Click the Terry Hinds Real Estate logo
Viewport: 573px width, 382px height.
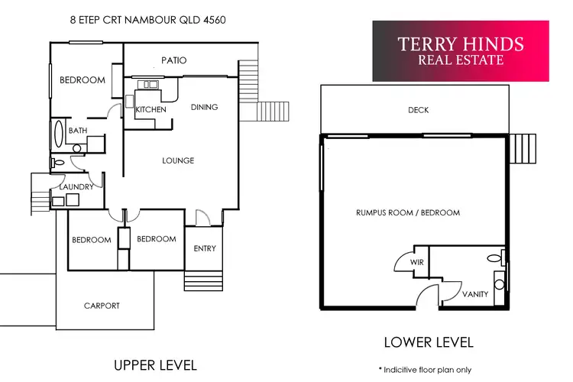[461, 50]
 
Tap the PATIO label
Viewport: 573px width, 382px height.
[173, 60]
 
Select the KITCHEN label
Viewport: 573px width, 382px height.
[151, 110]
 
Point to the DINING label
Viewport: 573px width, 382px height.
[204, 108]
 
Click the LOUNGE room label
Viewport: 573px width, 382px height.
[178, 160]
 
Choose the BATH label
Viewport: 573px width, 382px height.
[78, 131]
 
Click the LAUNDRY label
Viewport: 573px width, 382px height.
[76, 187]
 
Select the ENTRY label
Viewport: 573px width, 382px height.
[205, 248]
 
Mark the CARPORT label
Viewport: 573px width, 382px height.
[102, 306]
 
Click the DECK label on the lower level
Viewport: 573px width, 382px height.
[418, 111]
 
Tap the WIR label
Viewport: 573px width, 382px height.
[416, 262]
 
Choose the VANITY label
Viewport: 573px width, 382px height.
[475, 294]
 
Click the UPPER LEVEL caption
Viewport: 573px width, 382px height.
[155, 364]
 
